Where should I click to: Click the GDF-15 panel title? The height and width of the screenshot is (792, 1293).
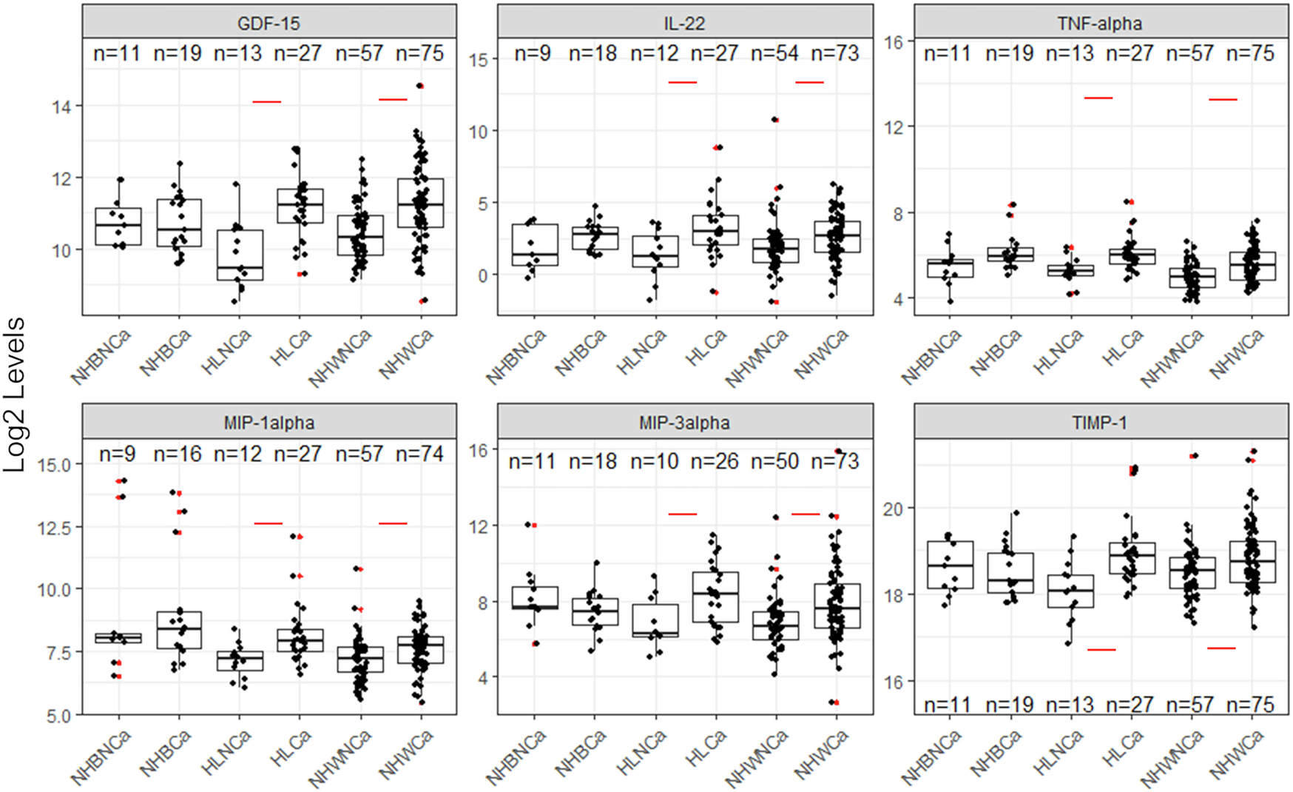[x=269, y=24]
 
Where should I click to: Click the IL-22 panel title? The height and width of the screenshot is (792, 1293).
[x=684, y=24]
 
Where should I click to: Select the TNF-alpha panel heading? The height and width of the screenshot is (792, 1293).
[x=1100, y=24]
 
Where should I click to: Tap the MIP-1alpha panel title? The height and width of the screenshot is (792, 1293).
[x=269, y=423]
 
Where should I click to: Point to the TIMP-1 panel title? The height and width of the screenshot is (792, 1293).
[x=1100, y=423]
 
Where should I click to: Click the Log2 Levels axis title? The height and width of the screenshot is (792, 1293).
[x=15, y=395]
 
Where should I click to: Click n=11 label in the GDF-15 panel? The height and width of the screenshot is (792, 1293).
[x=117, y=53]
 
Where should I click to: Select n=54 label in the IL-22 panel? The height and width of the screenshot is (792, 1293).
[x=775, y=53]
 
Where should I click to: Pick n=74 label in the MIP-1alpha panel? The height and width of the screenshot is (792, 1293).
[x=419, y=453]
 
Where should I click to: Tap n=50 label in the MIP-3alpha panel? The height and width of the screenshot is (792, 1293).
[x=775, y=461]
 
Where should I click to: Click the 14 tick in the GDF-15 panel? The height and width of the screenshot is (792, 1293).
[x=62, y=107]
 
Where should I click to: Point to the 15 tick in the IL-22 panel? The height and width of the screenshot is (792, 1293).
[x=479, y=60]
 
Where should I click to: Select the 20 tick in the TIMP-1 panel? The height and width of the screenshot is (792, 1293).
[x=893, y=509]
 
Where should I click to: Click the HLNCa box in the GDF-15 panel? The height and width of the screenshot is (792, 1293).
[x=240, y=255]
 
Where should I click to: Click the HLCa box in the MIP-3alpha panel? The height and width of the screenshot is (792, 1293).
[x=715, y=597]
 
